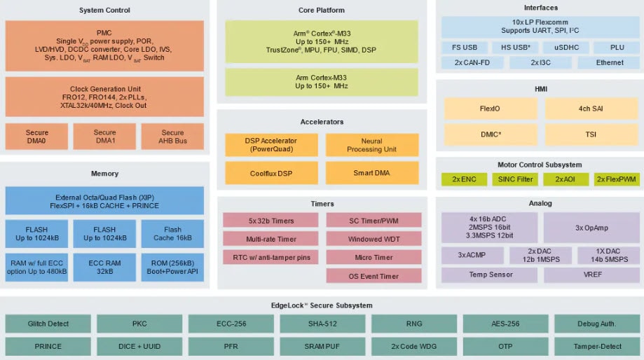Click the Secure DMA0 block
(x=37, y=137)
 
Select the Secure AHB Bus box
(x=172, y=137)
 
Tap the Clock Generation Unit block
(x=104, y=97)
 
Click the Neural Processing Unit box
(x=371, y=145)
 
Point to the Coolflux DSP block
(x=270, y=173)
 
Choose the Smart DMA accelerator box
(x=371, y=173)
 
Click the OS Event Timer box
(x=374, y=276)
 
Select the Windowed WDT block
(x=374, y=239)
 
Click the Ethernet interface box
(x=610, y=62)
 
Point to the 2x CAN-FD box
(x=472, y=62)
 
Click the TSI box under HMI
(x=591, y=133)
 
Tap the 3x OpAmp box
(x=591, y=228)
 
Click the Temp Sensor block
(x=491, y=275)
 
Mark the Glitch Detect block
(x=48, y=324)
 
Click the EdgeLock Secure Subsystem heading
(x=322, y=305)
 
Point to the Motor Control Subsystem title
(x=540, y=165)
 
